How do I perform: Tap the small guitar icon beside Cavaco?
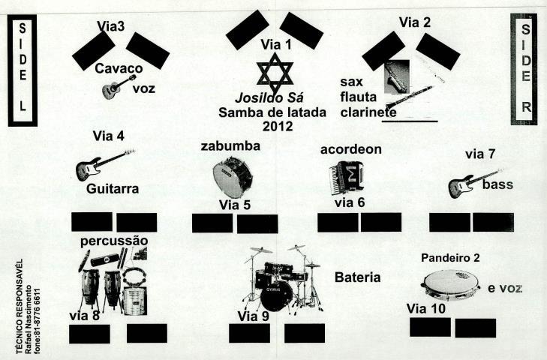pyautogui.click(x=118, y=88)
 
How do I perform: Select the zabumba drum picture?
pyautogui.click(x=232, y=177)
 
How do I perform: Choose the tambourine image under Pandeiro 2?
pyautogui.click(x=449, y=284)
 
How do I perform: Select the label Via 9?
pyautogui.click(x=253, y=316)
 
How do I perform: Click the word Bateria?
pyautogui.click(x=357, y=278)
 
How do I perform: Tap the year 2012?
pyautogui.click(x=275, y=126)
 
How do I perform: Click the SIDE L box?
pyautogui.click(x=22, y=68)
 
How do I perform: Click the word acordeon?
pyautogui.click(x=350, y=149)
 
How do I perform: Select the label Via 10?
pyautogui.click(x=426, y=308)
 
